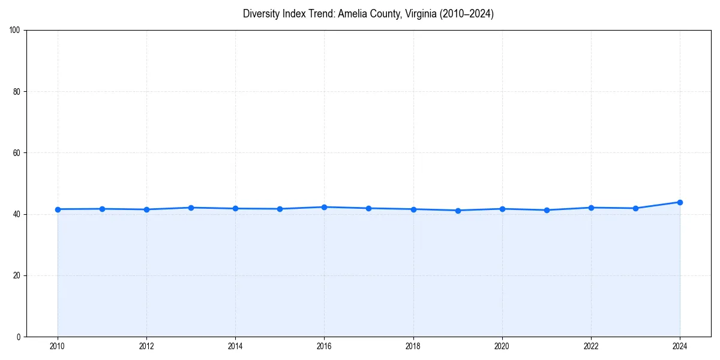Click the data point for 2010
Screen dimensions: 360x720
58,209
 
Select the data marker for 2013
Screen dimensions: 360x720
191,208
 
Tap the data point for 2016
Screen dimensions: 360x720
324,207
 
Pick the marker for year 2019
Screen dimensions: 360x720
458,211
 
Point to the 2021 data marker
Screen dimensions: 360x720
547,210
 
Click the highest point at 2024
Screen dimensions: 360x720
680,202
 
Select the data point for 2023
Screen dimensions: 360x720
635,208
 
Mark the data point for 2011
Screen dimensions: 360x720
102,209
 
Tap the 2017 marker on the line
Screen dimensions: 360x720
368,208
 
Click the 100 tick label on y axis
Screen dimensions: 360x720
15,31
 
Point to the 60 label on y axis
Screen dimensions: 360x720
17,153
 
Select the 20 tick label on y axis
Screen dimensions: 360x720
17,275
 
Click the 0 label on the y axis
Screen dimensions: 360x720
19,337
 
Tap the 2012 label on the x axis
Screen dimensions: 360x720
146,346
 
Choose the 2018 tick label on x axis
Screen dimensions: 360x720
413,346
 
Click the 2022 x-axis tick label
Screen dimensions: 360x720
591,346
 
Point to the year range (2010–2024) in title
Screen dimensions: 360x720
467,14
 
